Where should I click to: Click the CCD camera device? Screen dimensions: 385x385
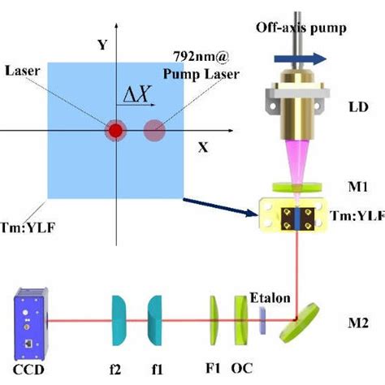point(32,322)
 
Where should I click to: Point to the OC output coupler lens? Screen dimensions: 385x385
point(240,321)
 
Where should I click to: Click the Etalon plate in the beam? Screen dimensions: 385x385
point(265,322)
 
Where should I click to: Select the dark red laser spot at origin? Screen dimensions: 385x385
point(116,131)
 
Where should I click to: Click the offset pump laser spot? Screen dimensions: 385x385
point(154,131)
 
